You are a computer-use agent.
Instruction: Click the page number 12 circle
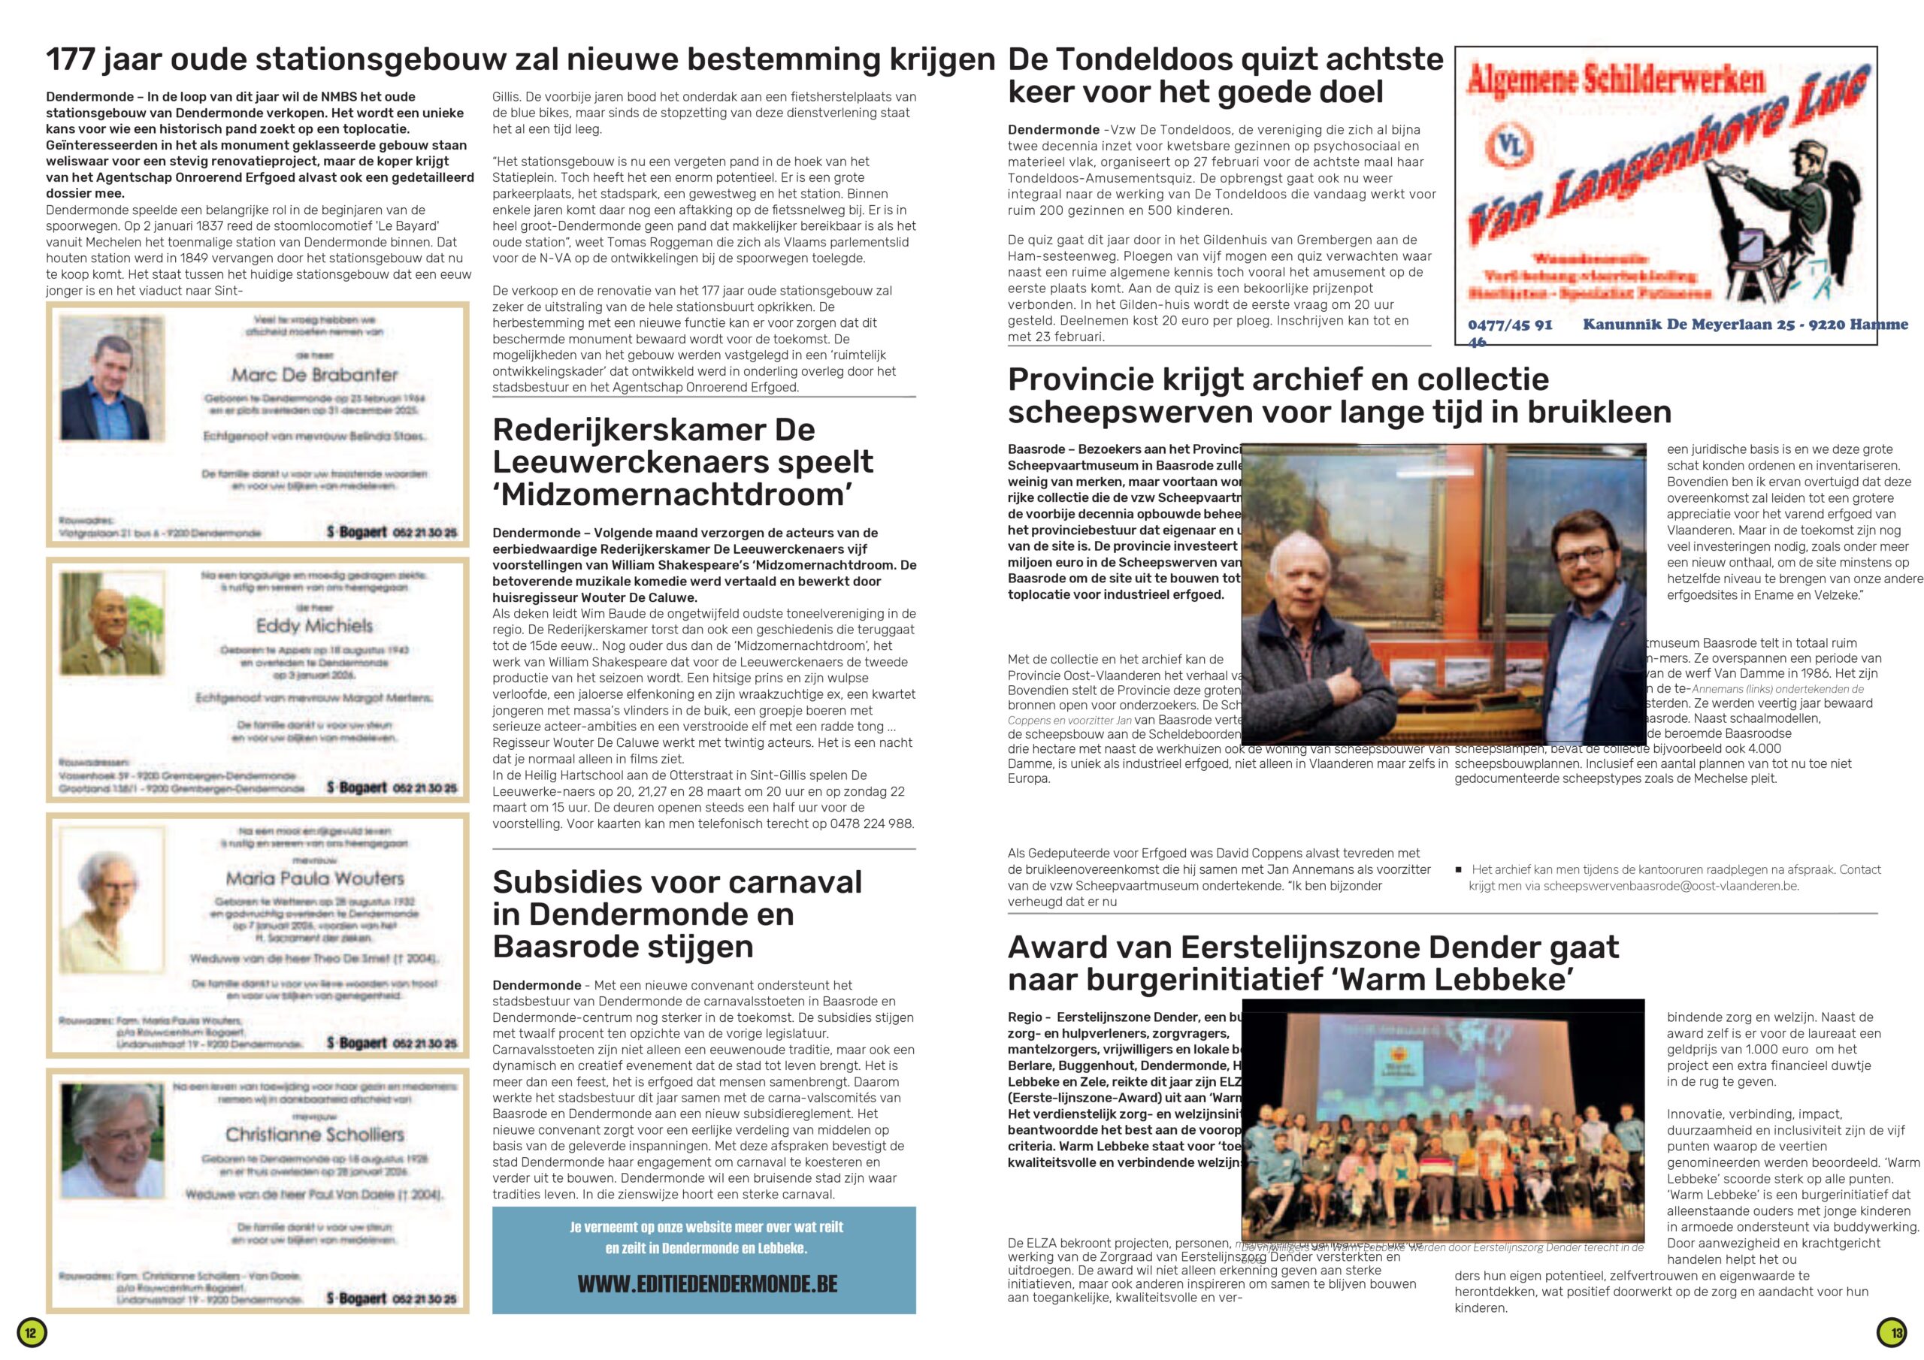point(31,1331)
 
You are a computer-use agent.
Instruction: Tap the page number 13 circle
point(1892,1331)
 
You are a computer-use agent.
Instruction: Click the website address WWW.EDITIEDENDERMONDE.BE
point(707,1284)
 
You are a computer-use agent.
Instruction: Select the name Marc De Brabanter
point(314,375)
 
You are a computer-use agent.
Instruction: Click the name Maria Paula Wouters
point(314,878)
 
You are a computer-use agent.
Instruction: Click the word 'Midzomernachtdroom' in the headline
point(672,494)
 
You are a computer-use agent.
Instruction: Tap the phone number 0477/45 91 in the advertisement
point(1509,325)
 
